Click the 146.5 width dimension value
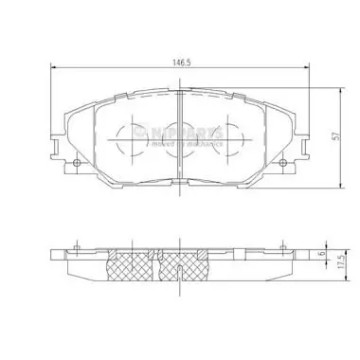pos(177,60)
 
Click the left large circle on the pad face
pos(126,142)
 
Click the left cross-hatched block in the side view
pos(131,271)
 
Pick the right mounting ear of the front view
pos(291,157)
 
